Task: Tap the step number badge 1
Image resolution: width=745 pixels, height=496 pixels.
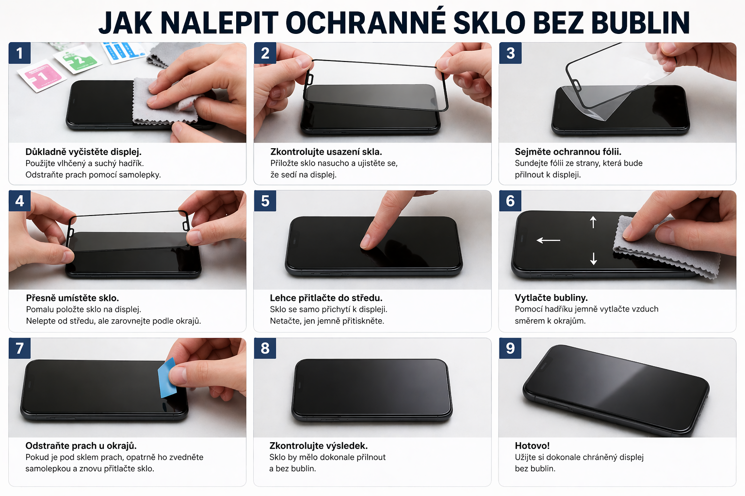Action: tap(19, 53)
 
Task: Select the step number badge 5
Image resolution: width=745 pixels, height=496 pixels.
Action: tap(265, 201)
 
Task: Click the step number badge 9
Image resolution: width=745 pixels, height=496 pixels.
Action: tap(510, 348)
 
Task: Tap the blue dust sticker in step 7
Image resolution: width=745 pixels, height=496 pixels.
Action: tap(168, 378)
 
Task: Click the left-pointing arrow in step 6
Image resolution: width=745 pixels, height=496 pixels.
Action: tap(548, 240)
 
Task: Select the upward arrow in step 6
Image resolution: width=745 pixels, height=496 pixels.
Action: tap(593, 222)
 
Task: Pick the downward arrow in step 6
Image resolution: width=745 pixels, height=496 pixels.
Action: tap(593, 259)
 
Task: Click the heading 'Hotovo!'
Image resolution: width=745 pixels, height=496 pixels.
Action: tap(532, 446)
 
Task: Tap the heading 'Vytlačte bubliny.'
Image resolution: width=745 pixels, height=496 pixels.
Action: tap(551, 298)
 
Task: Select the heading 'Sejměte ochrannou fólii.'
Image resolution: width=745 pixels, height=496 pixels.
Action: tap(568, 152)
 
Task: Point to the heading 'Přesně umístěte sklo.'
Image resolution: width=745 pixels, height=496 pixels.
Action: tap(72, 298)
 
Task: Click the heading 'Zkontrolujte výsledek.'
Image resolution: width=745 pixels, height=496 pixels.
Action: tap(319, 446)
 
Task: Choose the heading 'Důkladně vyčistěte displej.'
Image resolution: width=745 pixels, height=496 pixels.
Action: tap(83, 152)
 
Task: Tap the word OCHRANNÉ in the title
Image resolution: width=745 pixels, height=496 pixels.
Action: tap(366, 23)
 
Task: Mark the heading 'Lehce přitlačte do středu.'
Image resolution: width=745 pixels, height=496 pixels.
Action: tap(326, 298)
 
